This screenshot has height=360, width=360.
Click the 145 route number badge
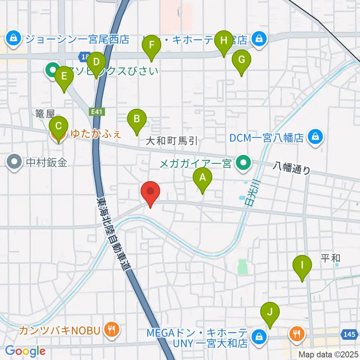coord(349,333)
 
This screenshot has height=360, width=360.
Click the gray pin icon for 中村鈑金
coord(15,162)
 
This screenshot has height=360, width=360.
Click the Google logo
coord(25,351)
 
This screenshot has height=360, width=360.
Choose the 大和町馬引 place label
coord(171,141)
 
